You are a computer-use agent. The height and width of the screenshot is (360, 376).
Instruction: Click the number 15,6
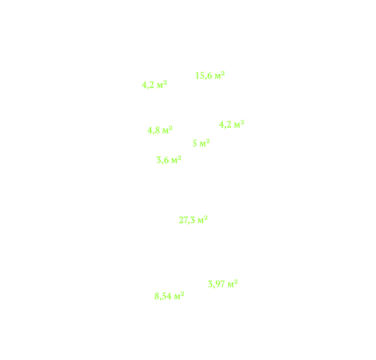click(203, 76)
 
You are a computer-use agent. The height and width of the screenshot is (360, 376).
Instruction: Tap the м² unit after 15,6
click(220, 75)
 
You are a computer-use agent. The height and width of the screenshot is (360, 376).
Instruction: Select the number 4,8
click(154, 130)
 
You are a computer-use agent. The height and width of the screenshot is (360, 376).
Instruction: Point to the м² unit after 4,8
click(167, 130)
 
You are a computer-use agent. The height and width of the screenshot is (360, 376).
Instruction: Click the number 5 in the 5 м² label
click(195, 143)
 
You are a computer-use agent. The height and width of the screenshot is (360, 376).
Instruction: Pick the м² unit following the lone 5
click(205, 143)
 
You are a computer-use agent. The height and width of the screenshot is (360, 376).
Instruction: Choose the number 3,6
click(163, 160)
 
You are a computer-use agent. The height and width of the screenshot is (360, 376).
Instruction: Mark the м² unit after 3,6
click(177, 160)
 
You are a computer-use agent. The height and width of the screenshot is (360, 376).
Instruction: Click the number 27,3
click(187, 220)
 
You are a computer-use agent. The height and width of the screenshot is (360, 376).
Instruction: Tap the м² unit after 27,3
click(203, 220)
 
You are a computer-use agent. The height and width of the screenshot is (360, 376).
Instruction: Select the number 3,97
click(216, 284)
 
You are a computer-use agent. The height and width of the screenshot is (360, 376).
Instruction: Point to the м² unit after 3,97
click(233, 284)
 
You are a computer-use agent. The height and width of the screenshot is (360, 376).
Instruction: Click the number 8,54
click(163, 297)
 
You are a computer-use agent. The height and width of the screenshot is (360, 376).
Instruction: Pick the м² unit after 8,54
click(179, 296)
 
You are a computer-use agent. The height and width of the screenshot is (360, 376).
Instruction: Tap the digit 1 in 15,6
click(197, 76)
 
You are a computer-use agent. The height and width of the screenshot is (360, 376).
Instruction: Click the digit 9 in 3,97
click(218, 284)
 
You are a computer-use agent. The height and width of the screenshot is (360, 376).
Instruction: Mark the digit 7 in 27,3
click(186, 220)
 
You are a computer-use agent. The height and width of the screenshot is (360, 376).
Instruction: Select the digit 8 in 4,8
click(158, 130)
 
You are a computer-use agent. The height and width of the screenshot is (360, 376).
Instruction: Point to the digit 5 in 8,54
click(164, 296)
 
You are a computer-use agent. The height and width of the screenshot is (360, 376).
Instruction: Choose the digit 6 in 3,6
click(166, 160)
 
